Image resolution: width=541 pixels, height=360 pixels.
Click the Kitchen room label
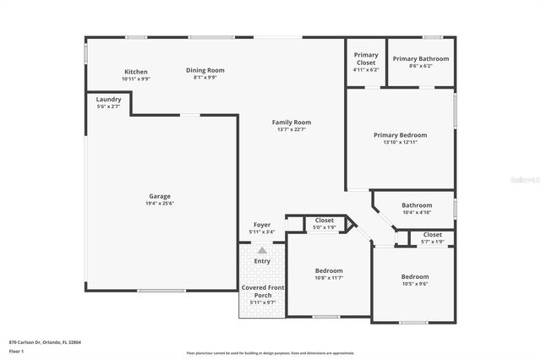(x=136, y=72)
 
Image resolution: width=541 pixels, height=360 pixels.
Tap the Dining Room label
(x=205, y=70)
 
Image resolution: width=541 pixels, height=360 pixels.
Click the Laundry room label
(x=108, y=99)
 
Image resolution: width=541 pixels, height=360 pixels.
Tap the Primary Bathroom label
(x=420, y=58)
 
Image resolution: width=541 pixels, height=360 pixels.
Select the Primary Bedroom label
(x=400, y=134)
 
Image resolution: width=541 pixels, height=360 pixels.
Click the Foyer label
(x=262, y=225)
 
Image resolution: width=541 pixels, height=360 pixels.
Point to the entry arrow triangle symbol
(x=262, y=250)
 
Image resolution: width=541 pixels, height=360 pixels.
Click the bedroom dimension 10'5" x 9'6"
(x=414, y=284)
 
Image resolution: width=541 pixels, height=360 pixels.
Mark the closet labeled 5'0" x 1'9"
(x=325, y=227)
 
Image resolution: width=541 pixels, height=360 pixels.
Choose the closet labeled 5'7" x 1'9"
(x=432, y=242)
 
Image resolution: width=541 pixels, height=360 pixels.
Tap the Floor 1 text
(x=16, y=351)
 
